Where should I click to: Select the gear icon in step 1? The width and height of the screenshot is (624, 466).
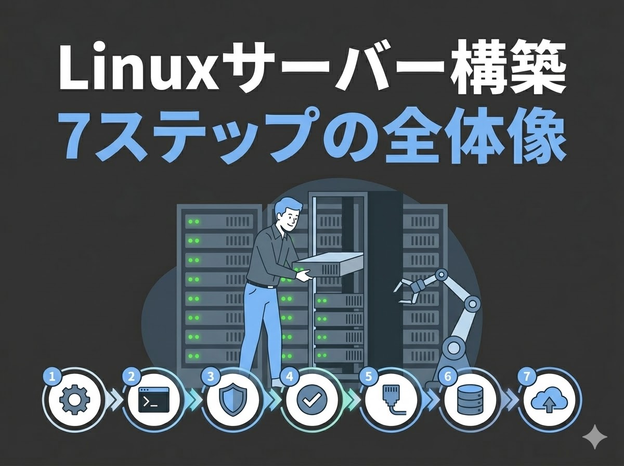pos(75,399)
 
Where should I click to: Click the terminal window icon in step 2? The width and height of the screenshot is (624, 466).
pos(154,399)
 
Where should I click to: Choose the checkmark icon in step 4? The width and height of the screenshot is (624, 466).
pos(311,399)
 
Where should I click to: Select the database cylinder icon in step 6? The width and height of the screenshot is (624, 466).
pos(470,399)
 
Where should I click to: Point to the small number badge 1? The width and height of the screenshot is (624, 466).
pos(52,377)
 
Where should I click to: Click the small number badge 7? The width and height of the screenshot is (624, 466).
pos(526,377)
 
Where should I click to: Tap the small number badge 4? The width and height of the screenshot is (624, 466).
pos(289,377)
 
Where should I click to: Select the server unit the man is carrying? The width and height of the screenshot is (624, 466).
pos(328,265)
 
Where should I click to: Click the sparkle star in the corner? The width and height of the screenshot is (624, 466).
pos(594,437)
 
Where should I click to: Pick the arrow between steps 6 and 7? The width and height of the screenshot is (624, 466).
pos(509,401)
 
